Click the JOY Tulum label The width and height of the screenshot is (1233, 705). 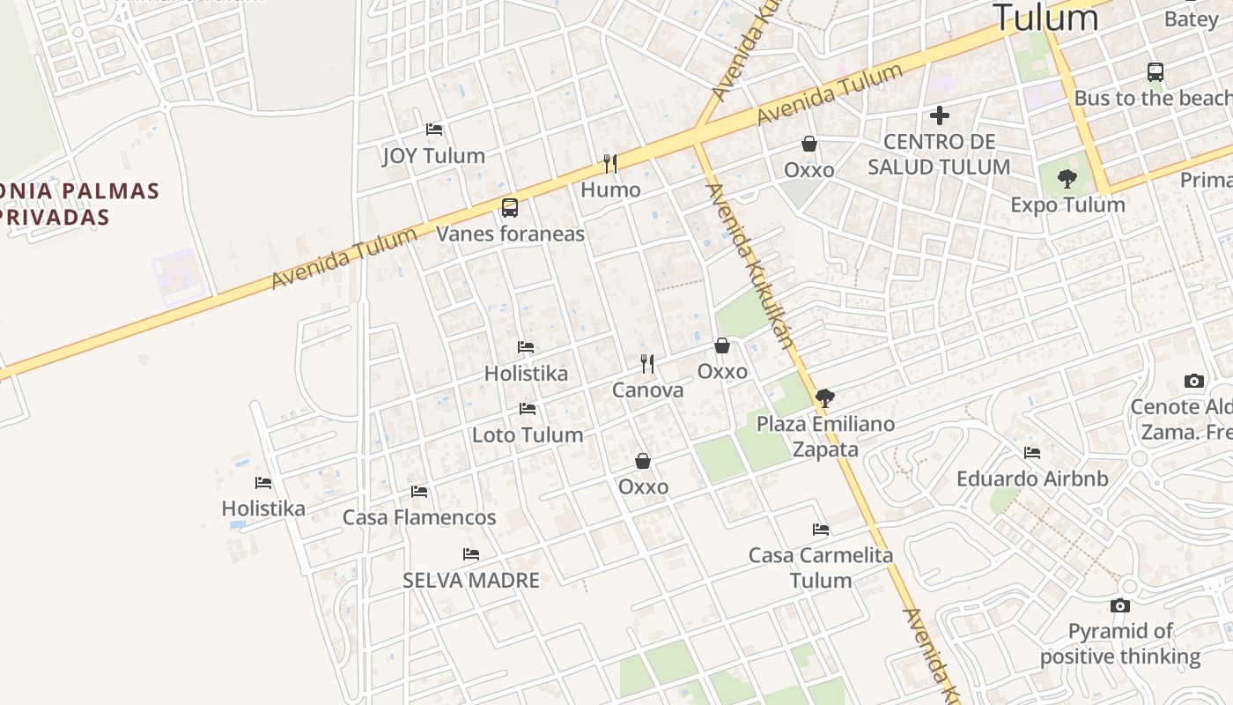click(433, 156)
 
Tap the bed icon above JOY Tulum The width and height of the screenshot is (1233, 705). click(434, 130)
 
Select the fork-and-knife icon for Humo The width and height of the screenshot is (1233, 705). click(609, 163)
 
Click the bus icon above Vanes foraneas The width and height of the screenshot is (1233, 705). click(510, 208)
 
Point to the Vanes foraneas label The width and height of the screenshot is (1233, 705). click(510, 234)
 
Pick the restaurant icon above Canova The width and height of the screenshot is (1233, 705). click(647, 363)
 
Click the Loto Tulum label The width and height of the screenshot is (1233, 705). click(528, 434)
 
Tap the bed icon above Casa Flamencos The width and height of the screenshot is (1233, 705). click(419, 492)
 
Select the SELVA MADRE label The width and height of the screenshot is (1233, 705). click(471, 580)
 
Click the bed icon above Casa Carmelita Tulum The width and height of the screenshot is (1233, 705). click(821, 530)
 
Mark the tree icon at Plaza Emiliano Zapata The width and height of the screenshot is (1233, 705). click(825, 398)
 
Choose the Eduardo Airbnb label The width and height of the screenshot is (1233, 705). click(1032, 479)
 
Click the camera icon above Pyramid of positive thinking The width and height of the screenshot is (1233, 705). click(1120, 605)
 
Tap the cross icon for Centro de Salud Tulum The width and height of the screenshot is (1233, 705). click(940, 115)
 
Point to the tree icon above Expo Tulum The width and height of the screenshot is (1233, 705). click(1067, 179)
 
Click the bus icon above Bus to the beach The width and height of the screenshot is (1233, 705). click(1155, 72)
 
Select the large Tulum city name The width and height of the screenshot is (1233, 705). click(1046, 18)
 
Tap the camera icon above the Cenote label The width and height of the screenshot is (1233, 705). click(1194, 381)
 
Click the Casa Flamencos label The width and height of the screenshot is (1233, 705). click(419, 517)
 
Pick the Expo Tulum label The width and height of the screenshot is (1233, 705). click(1067, 204)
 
